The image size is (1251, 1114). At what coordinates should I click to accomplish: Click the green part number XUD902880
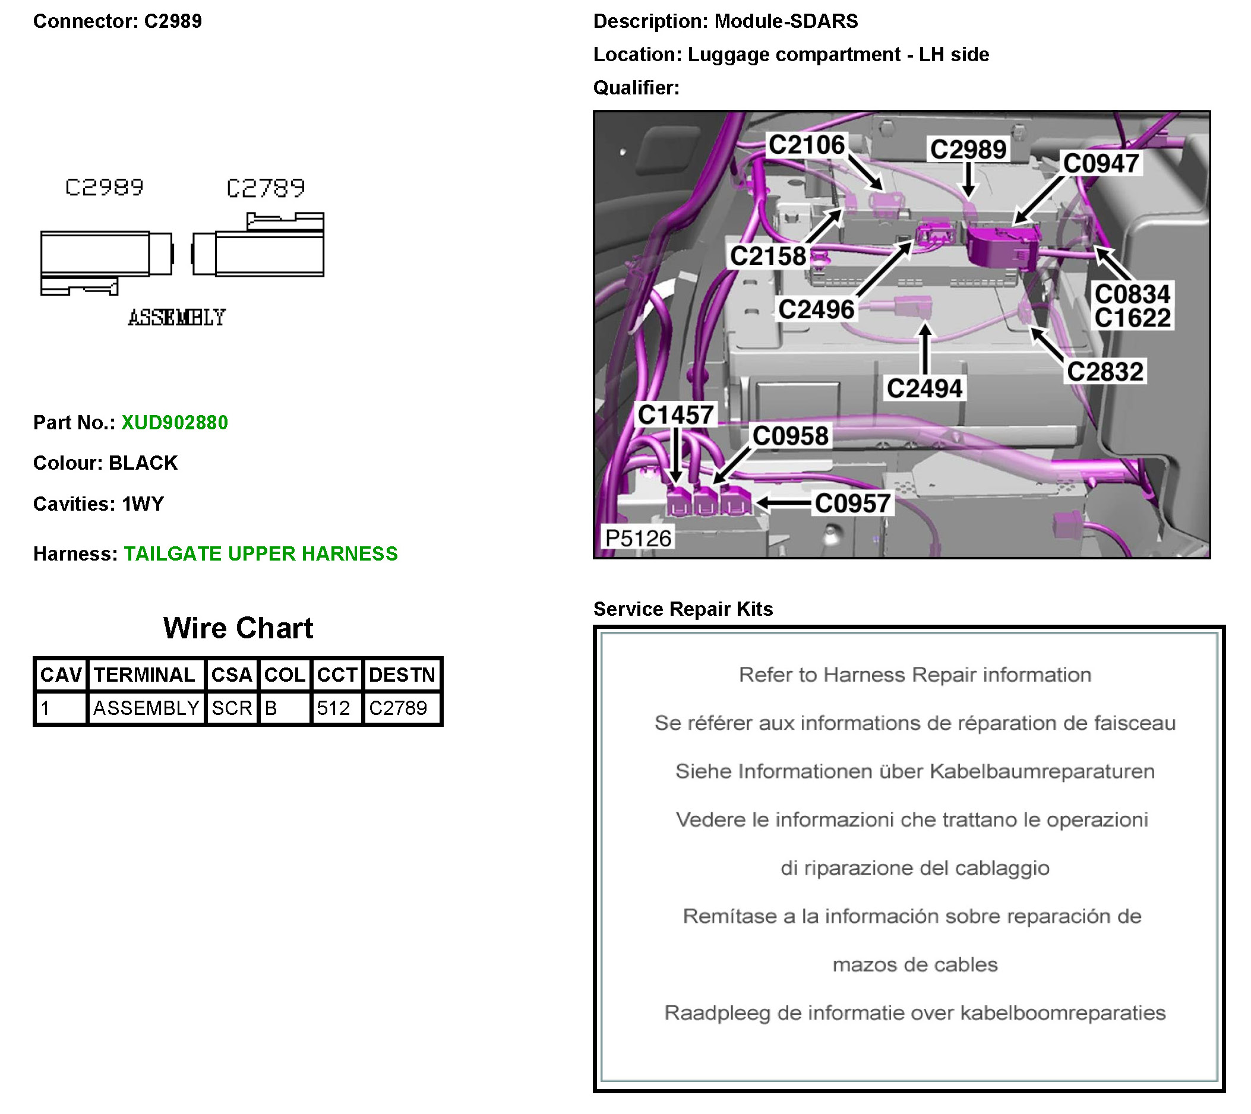[x=175, y=422]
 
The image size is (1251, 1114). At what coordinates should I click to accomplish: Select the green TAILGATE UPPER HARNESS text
[x=261, y=553]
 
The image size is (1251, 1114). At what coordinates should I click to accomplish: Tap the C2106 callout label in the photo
[x=807, y=145]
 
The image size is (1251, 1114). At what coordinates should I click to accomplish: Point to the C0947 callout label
[x=1101, y=163]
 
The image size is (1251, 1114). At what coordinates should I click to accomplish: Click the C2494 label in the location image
[x=925, y=388]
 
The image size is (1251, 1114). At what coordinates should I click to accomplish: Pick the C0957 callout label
[x=852, y=503]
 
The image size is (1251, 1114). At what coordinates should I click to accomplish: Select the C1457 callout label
[x=675, y=414]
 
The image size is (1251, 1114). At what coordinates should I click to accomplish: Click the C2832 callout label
[x=1105, y=372]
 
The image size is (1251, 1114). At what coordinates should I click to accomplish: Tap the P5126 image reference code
[x=638, y=538]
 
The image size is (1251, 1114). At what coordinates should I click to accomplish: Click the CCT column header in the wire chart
[x=337, y=675]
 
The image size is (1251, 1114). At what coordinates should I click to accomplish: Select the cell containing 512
[x=334, y=708]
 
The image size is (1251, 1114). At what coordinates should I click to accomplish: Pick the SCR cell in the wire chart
[x=232, y=708]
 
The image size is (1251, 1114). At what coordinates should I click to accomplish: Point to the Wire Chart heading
[x=238, y=628]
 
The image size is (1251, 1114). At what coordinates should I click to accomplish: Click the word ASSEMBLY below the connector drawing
[x=176, y=317]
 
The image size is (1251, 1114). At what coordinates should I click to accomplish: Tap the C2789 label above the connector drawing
[x=265, y=188]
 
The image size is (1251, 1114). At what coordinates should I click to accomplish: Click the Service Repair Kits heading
[x=683, y=609]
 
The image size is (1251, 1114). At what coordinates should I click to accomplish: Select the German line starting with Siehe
[x=915, y=771]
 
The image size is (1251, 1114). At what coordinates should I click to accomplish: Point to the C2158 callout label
[x=768, y=256]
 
